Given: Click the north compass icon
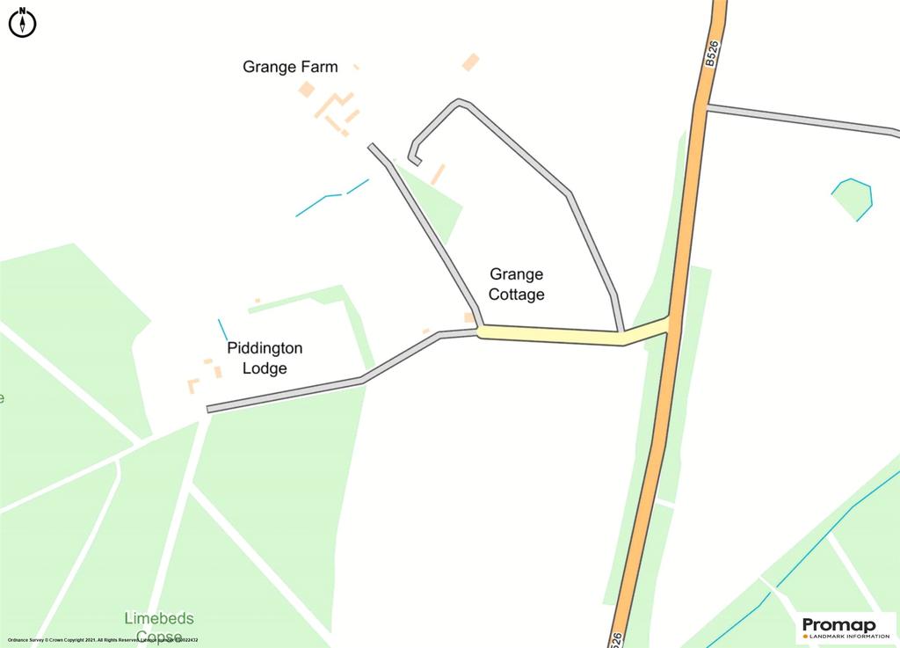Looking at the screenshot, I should coord(22,22).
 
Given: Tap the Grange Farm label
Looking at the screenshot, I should coord(290,67).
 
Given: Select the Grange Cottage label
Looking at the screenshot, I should coord(517,285).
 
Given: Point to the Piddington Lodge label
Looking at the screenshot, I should coord(265,359).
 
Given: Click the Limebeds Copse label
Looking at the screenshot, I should coord(159,627).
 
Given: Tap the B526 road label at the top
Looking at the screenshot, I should coord(711,54).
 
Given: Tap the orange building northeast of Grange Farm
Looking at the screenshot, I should coord(471,62).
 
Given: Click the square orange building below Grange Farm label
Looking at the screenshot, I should coord(306,89).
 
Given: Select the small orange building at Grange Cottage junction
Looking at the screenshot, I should coord(469,317).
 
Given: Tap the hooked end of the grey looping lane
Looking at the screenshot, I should coord(414,158).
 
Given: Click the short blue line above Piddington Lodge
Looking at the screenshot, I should coord(222,330).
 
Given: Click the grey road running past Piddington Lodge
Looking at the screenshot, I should coord(290,394).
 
